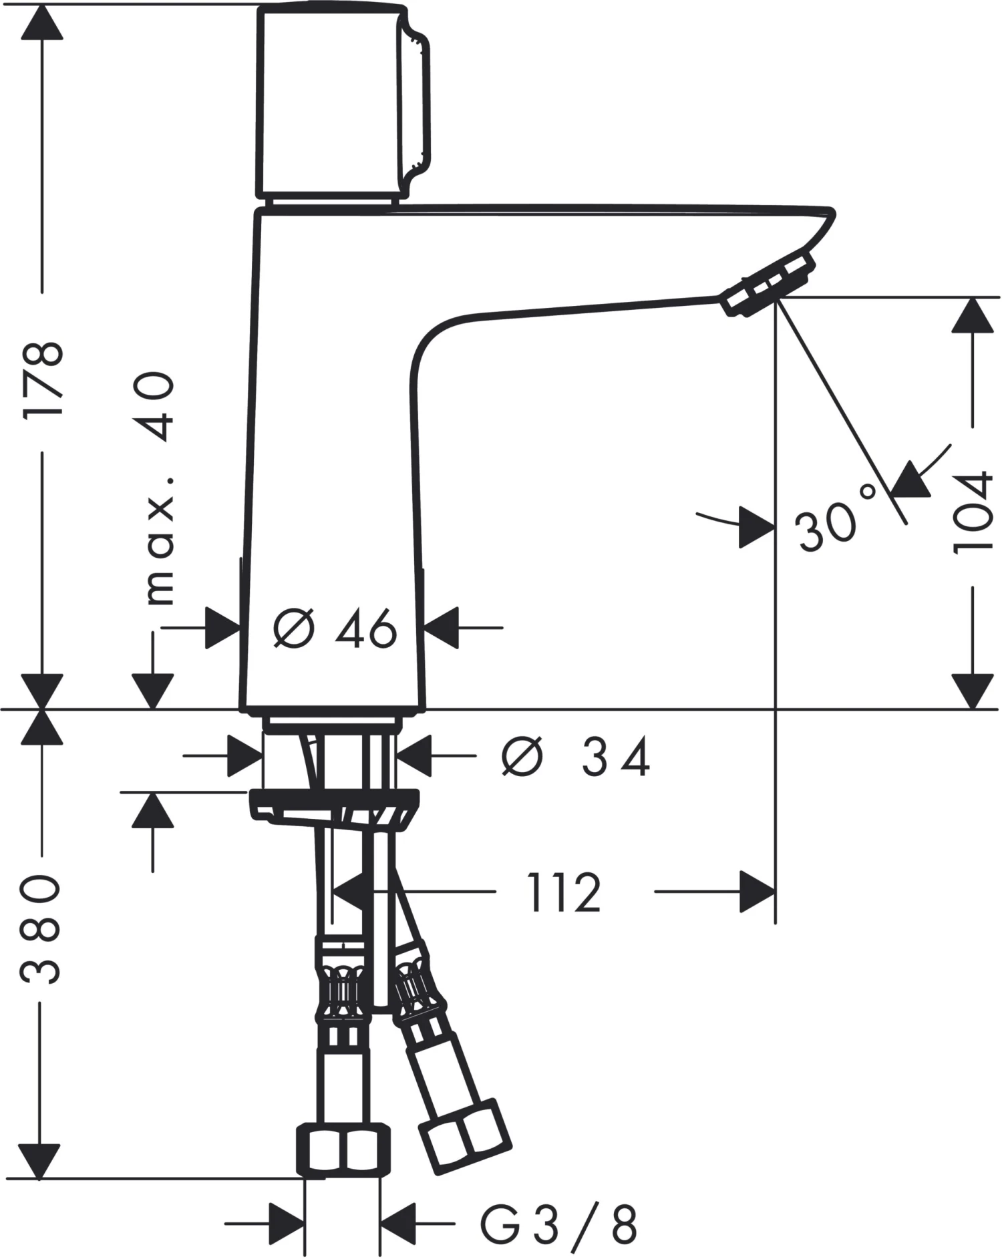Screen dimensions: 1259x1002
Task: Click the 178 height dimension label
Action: coord(43,379)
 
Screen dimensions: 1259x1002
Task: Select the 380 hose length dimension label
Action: coord(40,928)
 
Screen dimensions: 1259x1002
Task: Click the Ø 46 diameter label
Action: coord(335,628)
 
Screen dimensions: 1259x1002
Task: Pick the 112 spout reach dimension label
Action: coord(564,892)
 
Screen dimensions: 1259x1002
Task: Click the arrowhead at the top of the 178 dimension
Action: coord(42,22)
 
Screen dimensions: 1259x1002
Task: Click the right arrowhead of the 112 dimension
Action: coord(758,892)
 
